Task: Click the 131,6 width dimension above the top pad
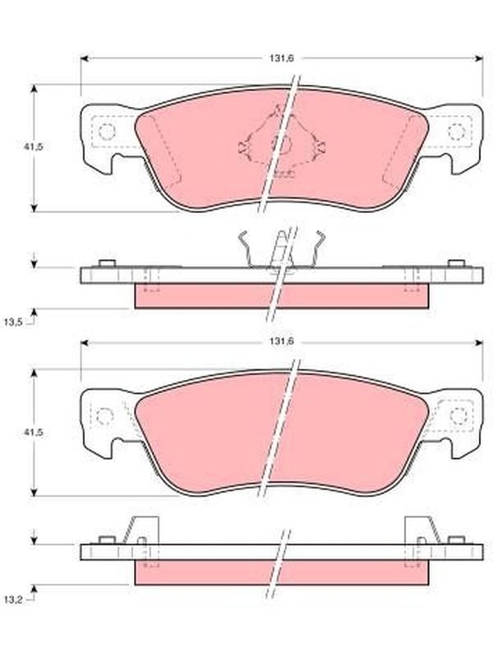click(281, 58)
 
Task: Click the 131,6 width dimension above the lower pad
click(281, 342)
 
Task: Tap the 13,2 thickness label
click(13, 600)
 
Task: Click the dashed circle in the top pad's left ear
click(107, 132)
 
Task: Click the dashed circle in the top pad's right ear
click(457, 132)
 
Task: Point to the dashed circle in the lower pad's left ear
click(105, 416)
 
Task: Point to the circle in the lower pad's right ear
click(458, 416)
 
